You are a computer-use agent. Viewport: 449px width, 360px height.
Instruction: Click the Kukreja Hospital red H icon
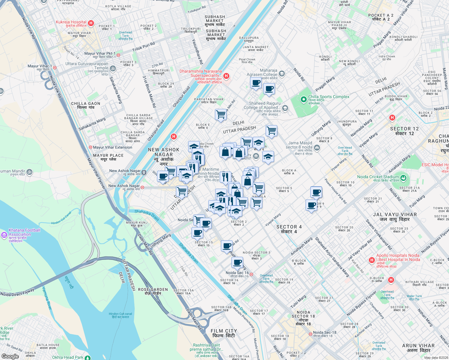click(91, 23)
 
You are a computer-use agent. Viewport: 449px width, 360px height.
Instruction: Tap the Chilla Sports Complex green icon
click(304, 99)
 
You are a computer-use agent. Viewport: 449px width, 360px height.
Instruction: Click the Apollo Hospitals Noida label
click(398, 258)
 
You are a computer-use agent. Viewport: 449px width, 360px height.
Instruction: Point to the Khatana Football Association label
click(24, 232)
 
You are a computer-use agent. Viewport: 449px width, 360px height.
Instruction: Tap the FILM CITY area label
click(224, 333)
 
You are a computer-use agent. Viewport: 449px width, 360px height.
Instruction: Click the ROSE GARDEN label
click(153, 291)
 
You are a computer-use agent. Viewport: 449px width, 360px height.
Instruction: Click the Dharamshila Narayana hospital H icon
click(226, 76)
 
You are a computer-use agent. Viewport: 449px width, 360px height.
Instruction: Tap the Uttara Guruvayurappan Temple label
click(87, 66)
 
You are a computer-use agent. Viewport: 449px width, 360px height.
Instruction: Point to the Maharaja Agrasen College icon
click(282, 73)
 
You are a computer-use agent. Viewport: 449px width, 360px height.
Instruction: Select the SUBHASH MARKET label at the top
click(215, 21)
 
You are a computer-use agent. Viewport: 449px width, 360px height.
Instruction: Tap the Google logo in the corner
click(10, 356)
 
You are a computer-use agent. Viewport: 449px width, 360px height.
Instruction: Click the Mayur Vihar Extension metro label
click(112, 147)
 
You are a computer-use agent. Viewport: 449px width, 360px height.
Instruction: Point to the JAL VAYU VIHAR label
click(395, 217)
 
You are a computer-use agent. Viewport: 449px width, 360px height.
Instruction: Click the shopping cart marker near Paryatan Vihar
click(221, 114)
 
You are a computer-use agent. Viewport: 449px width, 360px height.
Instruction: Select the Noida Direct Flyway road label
click(17, 292)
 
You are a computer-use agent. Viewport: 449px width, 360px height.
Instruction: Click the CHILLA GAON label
click(86, 105)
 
